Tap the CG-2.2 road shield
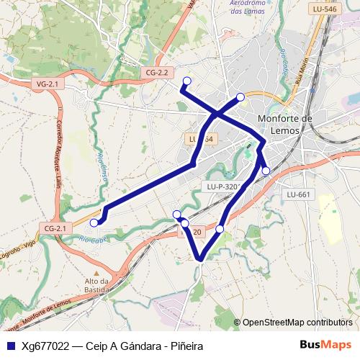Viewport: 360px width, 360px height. [x=156, y=73]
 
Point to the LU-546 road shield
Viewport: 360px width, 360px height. [x=325, y=9]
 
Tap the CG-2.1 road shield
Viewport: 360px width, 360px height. [x=55, y=228]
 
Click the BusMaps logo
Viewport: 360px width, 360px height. [x=325, y=345]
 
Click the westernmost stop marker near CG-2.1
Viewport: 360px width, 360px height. [x=94, y=223]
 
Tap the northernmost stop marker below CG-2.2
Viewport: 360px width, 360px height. [x=187, y=81]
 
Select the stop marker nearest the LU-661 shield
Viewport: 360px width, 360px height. [x=266, y=171]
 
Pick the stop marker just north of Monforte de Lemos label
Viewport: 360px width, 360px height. [x=240, y=97]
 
